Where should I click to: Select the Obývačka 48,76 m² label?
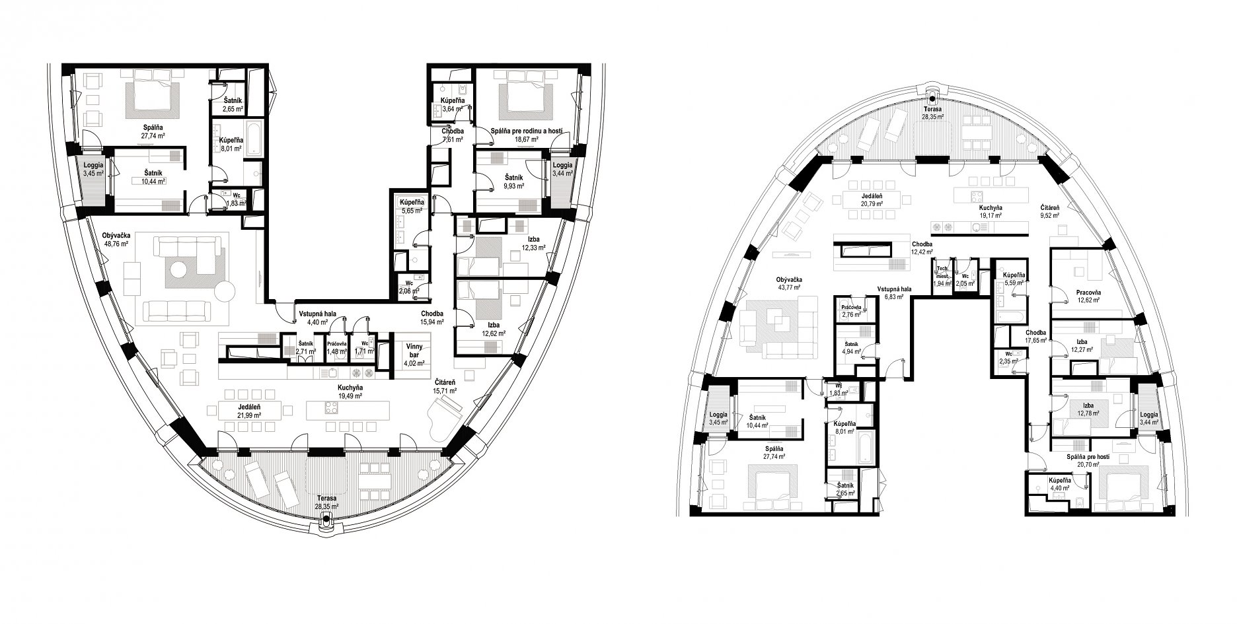pyautogui.click(x=116, y=239)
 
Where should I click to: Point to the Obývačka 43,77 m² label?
pyautogui.click(x=788, y=284)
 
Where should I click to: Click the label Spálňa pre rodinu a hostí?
pyautogui.click(x=527, y=132)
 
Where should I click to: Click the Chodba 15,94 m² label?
pyautogui.click(x=431, y=317)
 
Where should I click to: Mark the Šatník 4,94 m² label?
pyautogui.click(x=852, y=347)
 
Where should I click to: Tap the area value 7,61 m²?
pyautogui.click(x=453, y=139)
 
